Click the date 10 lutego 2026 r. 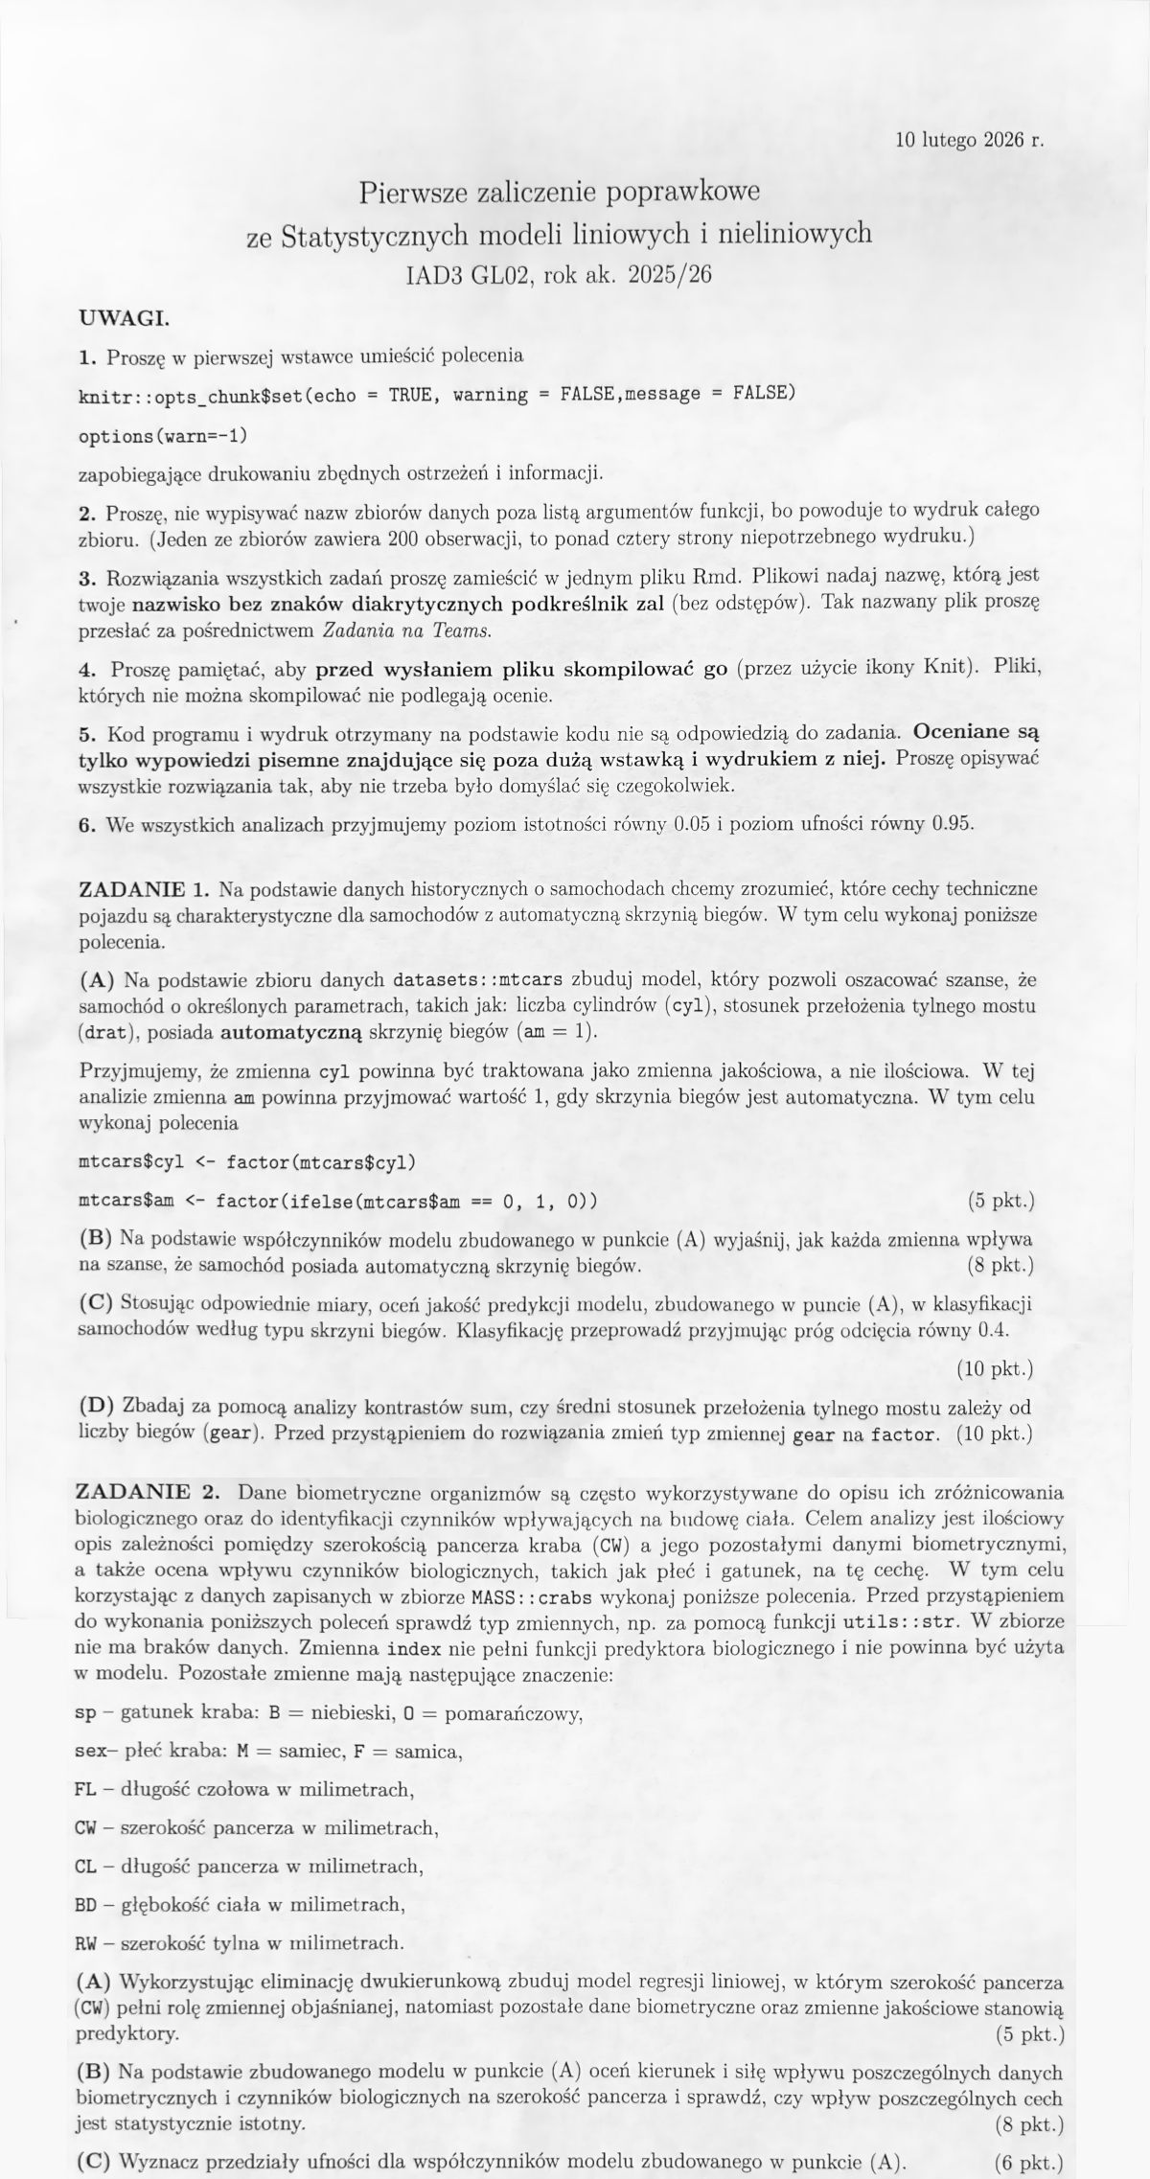pos(969,140)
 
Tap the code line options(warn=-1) pos(162,434)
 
